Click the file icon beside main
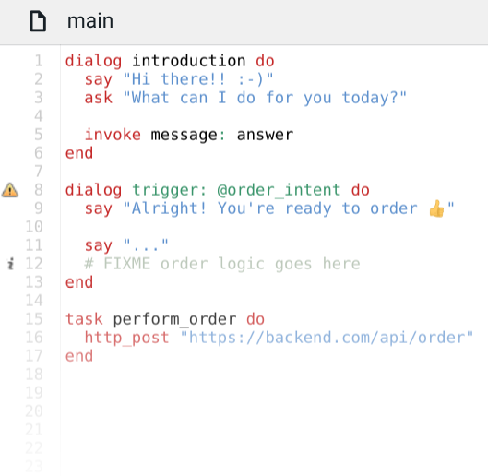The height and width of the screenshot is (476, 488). point(38,21)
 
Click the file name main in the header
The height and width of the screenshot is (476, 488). point(90,21)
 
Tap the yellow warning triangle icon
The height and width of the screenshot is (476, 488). point(10,190)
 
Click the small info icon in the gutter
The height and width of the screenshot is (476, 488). point(11,264)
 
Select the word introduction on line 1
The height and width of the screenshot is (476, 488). point(189,60)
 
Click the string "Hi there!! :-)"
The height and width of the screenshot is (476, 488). point(198,79)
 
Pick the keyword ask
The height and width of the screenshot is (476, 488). point(99,98)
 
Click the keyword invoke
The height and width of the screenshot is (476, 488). point(113,135)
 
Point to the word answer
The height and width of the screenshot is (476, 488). point(265,135)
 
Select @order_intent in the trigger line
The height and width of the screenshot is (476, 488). point(279,190)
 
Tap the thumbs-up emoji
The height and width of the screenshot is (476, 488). point(436,208)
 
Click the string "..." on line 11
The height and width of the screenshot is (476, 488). point(146,245)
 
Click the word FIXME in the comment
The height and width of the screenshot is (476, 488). point(126,264)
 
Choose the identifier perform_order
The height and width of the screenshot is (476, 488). point(174,319)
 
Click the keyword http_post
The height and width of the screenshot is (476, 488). point(126,338)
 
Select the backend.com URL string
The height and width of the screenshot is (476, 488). point(327,338)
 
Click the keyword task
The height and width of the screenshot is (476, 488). point(84,319)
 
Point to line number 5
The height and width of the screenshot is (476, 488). point(38,135)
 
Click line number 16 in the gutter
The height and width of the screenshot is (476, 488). point(34,338)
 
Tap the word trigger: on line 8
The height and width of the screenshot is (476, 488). point(170,190)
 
